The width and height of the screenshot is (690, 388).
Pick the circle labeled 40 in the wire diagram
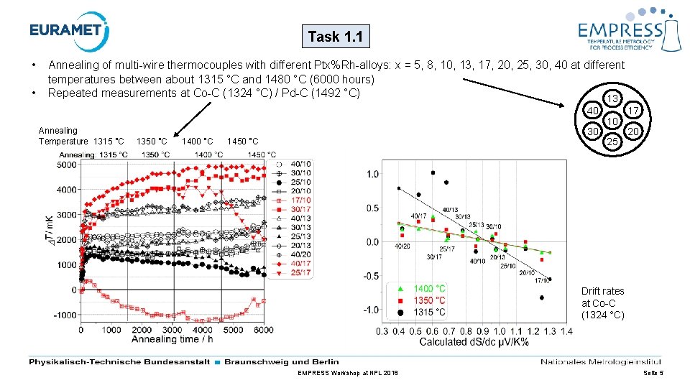coord(592,111)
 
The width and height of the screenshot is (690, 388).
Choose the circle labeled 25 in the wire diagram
coord(612,142)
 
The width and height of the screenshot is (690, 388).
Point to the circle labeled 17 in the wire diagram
coord(633,111)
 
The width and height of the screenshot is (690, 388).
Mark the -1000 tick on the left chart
coord(63,315)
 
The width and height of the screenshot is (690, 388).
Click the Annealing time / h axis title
coord(172,339)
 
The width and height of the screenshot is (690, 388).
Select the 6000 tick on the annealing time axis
coord(264,329)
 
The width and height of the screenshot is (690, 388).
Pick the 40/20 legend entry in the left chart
coord(295,254)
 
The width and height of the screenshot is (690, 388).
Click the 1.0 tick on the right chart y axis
coord(372,175)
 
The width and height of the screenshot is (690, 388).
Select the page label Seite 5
coord(650,374)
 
